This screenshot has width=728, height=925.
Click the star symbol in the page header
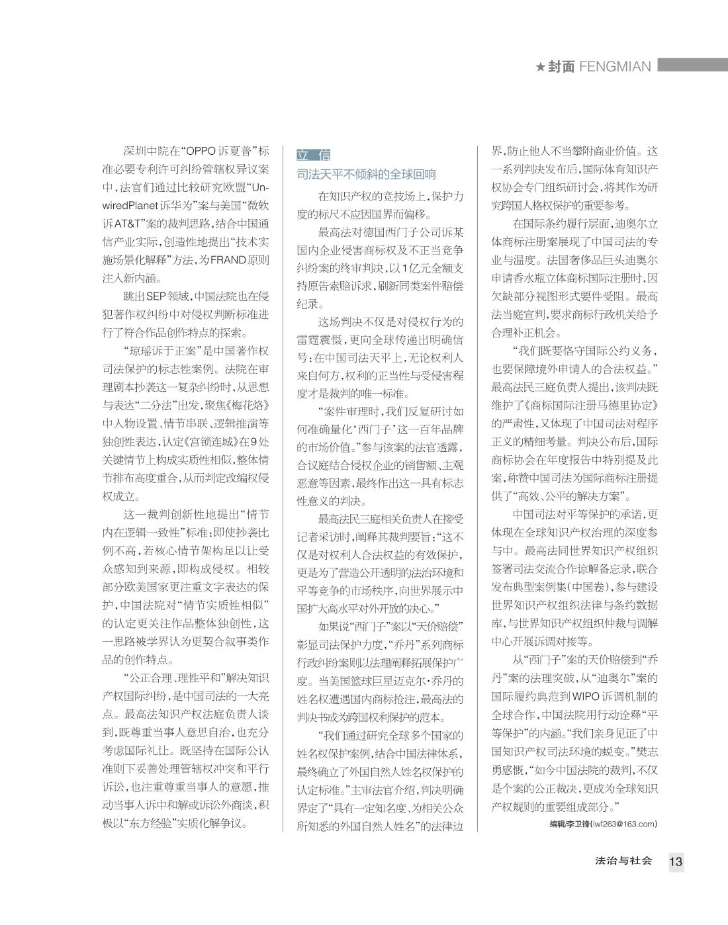541,67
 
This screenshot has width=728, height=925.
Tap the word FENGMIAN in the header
615,67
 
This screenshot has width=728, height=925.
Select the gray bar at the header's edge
692,66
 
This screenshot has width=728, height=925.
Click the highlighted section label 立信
313,155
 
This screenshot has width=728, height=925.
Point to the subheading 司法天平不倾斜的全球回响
366,175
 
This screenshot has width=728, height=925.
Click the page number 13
676,861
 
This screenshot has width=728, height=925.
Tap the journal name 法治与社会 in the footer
623,861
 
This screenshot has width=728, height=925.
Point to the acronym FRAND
228,260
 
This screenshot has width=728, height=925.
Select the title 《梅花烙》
250,405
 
